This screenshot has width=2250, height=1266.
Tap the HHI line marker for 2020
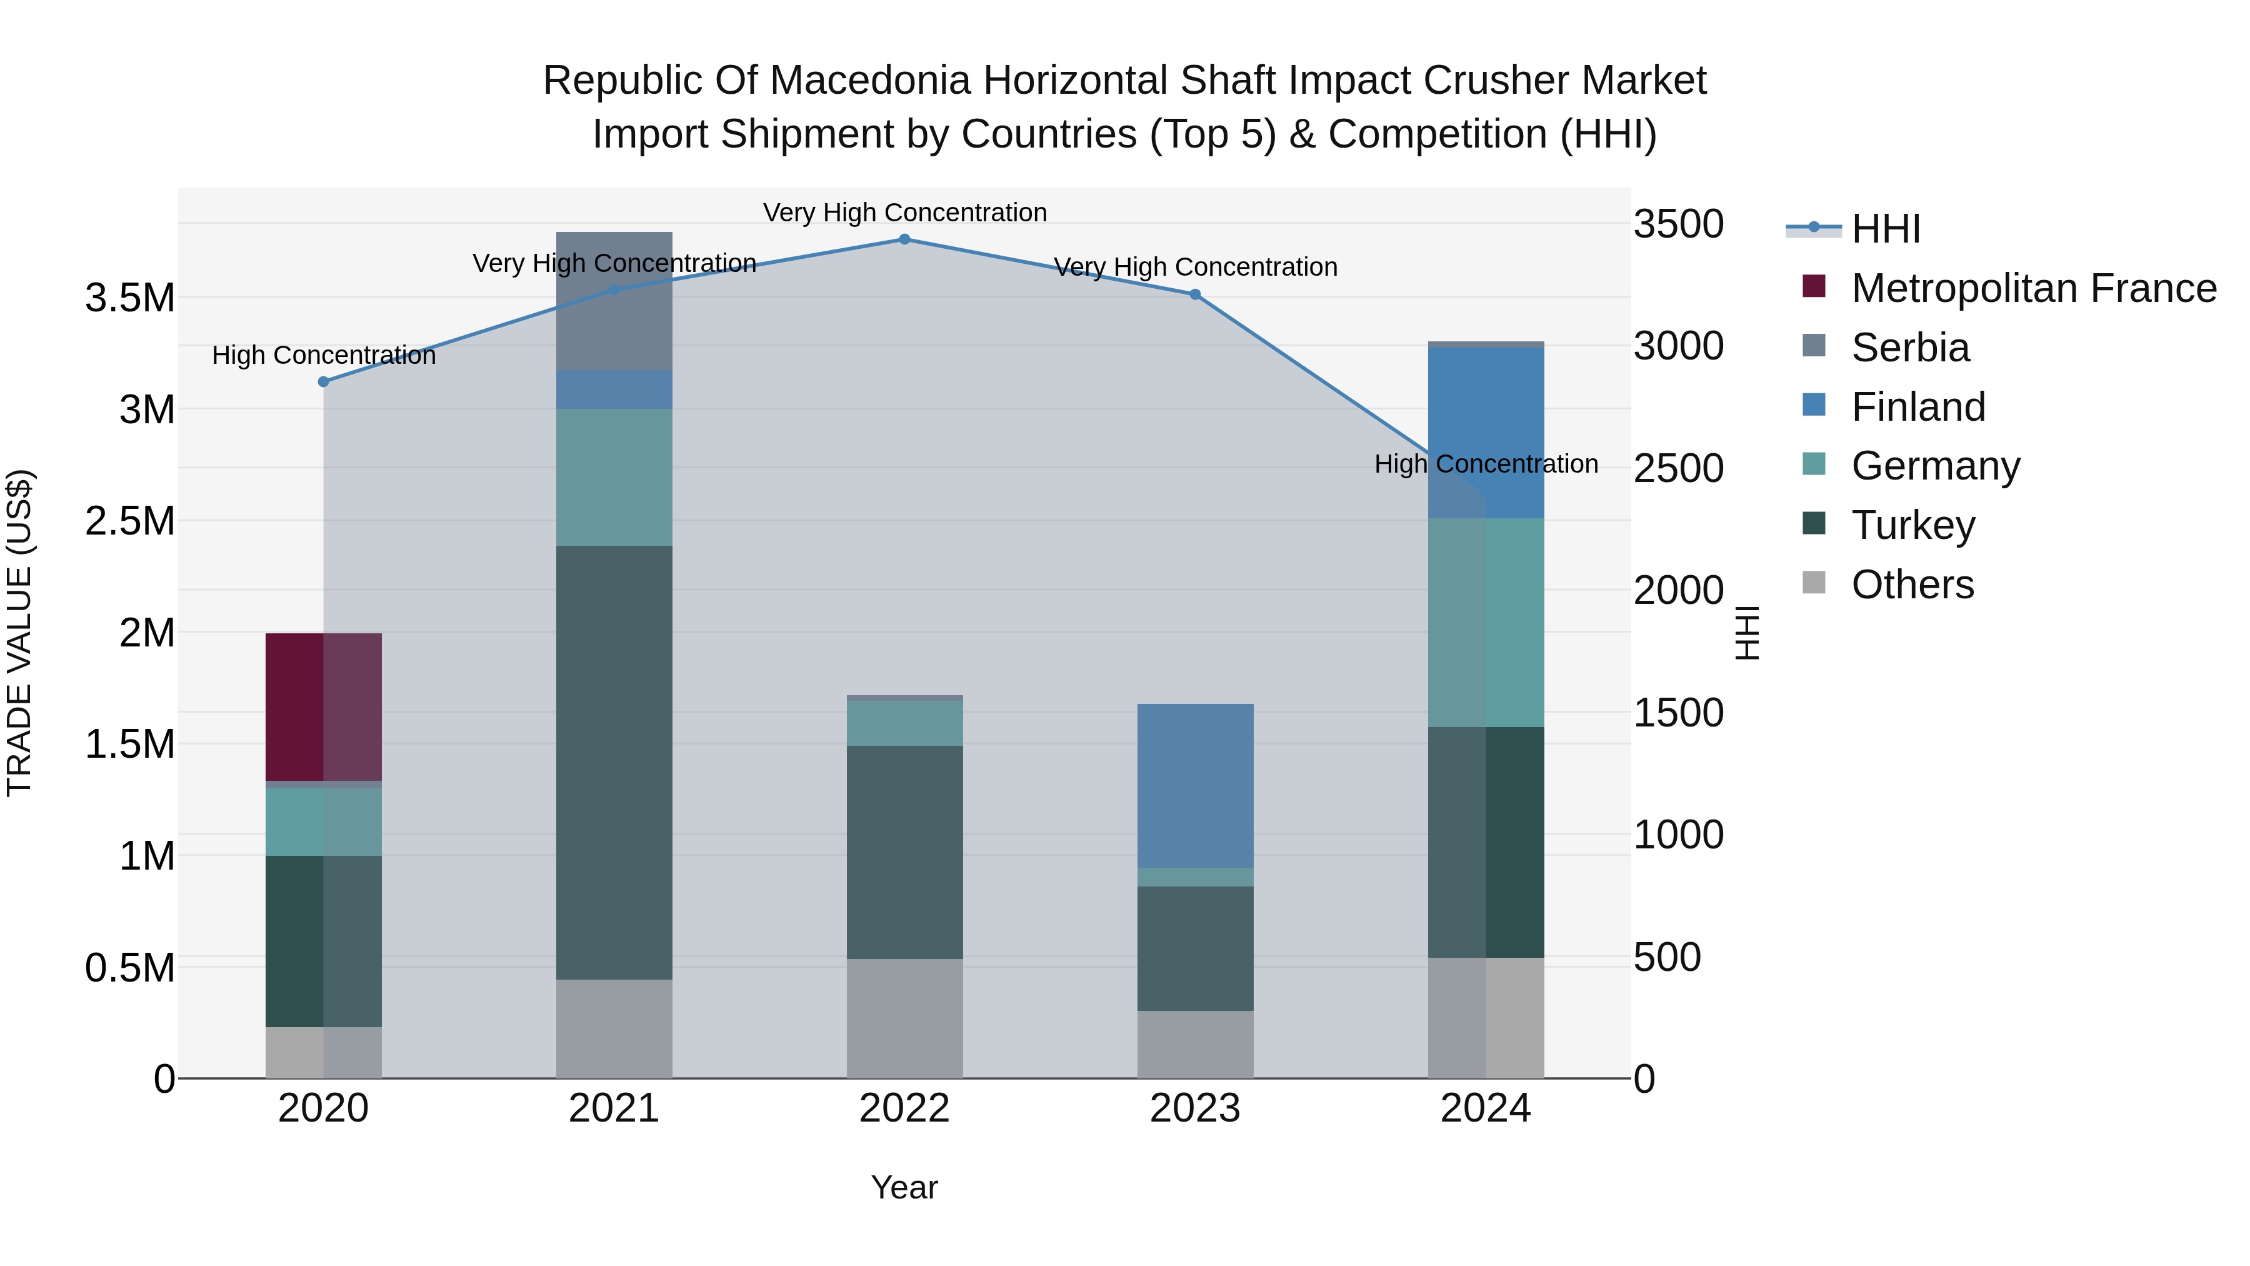[x=323, y=382]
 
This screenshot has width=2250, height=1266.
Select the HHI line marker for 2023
[x=1195, y=294]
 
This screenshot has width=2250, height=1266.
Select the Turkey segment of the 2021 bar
[x=614, y=762]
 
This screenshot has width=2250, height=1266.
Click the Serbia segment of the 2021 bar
[x=614, y=301]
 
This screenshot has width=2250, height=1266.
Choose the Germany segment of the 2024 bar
[x=1486, y=622]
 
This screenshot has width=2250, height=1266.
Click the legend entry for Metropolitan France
[x=2032, y=288]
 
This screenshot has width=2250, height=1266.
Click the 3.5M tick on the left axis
[x=130, y=299]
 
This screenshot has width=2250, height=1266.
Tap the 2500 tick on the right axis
[x=1678, y=468]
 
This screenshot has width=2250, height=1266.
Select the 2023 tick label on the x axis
[x=1195, y=1108]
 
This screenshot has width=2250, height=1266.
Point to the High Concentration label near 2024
[x=1486, y=464]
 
